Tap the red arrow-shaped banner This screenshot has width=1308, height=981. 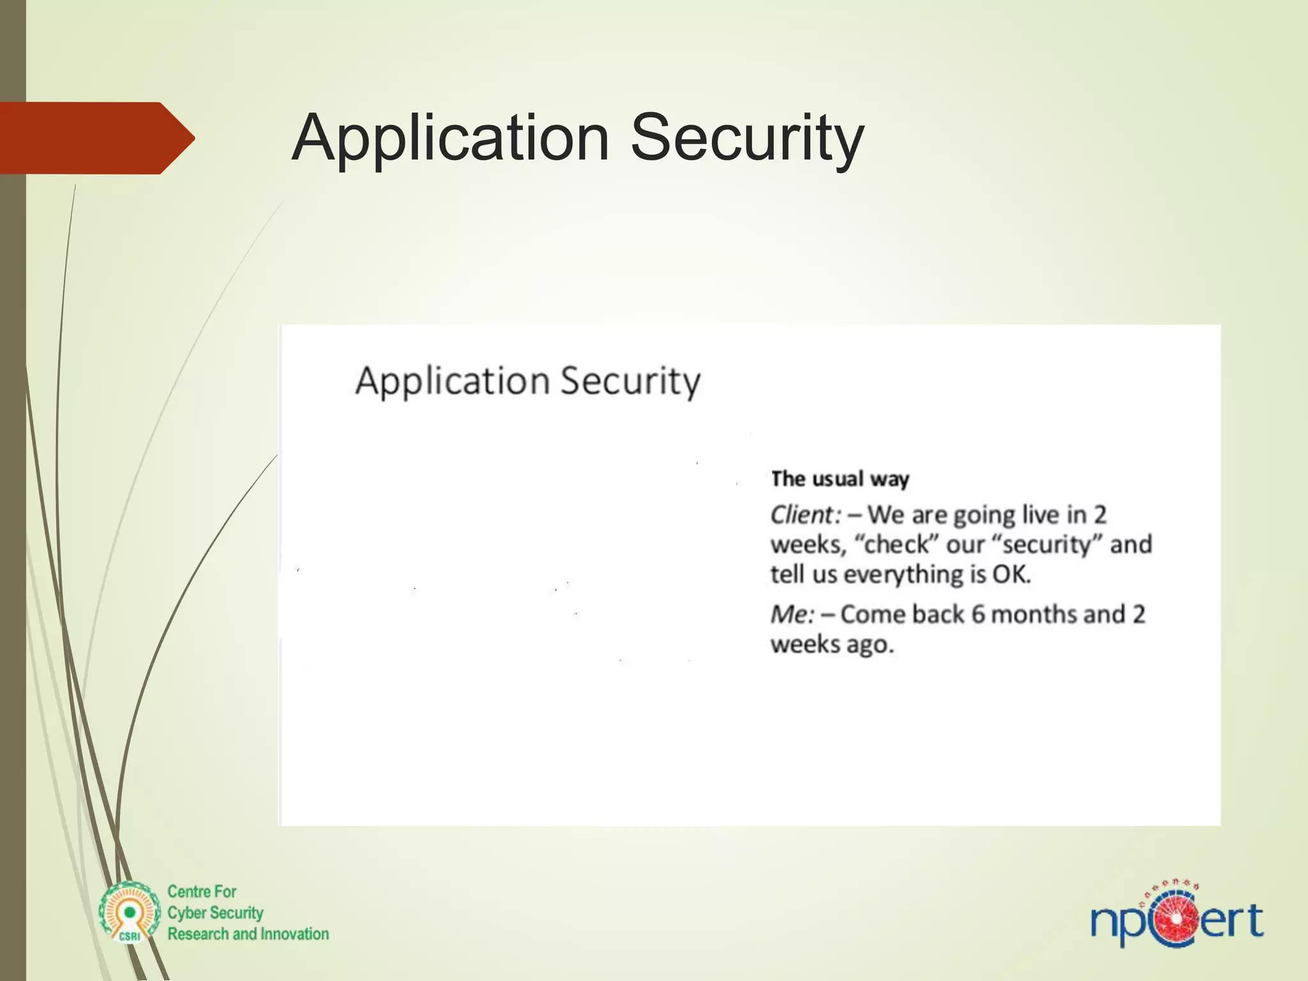96,138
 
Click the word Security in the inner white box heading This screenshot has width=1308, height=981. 630,381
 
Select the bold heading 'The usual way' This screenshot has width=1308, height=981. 840,478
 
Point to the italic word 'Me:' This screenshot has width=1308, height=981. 793,614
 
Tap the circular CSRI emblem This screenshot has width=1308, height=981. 130,913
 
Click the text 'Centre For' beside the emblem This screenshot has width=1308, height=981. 202,892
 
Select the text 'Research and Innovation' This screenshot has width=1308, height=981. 248,934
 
